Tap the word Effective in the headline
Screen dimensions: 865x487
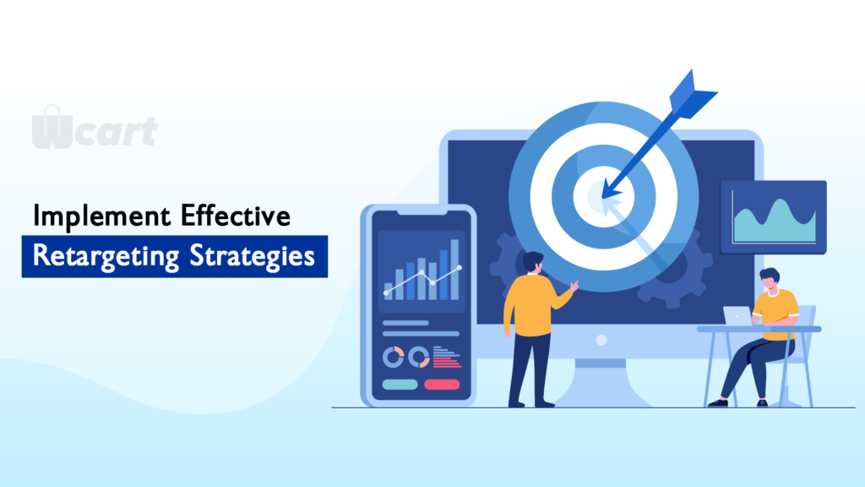pyautogui.click(x=236, y=216)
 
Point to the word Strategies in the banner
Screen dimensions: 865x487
pyautogui.click(x=252, y=257)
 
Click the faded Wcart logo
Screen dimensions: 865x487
pyautogui.click(x=95, y=128)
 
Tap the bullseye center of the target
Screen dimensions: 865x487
pyautogui.click(x=603, y=196)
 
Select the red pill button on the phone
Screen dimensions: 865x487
pyautogui.click(x=442, y=385)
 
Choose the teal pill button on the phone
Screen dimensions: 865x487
pyautogui.click(x=400, y=385)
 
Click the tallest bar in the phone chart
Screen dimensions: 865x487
pyautogui.click(x=454, y=270)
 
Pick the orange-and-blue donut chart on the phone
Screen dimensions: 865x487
pyautogui.click(x=419, y=358)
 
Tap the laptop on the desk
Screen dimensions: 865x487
pyautogui.click(x=738, y=316)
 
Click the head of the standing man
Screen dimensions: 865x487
pyautogui.click(x=533, y=262)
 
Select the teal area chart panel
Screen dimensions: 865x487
pyautogui.click(x=774, y=217)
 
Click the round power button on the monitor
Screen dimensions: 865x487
pyautogui.click(x=601, y=340)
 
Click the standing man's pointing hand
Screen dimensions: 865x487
pyautogui.click(x=574, y=286)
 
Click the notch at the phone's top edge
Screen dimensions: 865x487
pyautogui.click(x=422, y=211)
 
